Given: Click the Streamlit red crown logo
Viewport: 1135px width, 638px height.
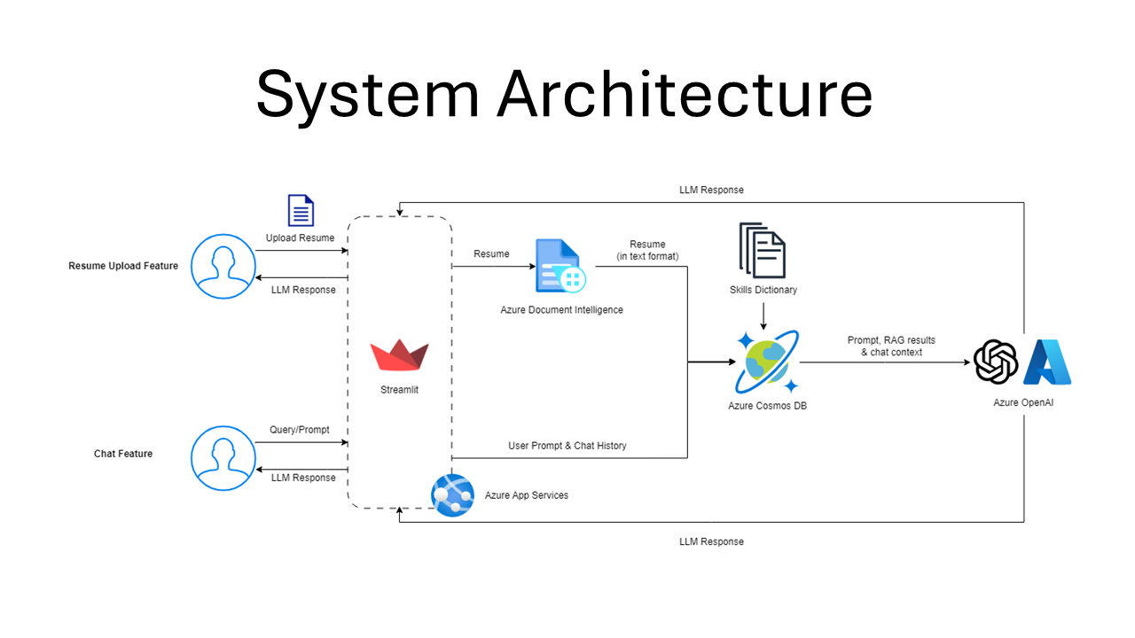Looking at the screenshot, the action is pos(399,355).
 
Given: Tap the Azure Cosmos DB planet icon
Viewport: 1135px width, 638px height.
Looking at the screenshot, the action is pos(767,362).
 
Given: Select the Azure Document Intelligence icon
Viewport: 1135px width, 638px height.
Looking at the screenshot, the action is pos(560,266).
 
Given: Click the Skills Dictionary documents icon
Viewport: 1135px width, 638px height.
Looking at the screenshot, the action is pos(763,250).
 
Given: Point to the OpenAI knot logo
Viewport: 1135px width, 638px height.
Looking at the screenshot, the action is pos(996,362).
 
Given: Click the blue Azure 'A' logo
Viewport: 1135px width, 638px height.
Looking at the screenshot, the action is pos(1047,362).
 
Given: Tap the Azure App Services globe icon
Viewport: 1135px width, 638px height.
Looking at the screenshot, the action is pos(452,495).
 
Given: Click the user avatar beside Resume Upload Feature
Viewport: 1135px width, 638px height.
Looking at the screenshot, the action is pos(223,267).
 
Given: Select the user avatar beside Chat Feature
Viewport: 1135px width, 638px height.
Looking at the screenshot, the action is pos(223,458).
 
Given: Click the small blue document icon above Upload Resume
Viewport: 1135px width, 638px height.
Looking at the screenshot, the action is pos(301,210).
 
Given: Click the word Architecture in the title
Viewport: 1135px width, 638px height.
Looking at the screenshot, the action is pos(685,94).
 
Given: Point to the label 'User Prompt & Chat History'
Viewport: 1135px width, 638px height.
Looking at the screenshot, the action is pos(567,446).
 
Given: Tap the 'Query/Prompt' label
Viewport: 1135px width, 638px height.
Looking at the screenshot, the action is pos(300,430).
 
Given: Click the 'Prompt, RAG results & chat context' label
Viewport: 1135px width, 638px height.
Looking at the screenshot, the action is pos(891,346).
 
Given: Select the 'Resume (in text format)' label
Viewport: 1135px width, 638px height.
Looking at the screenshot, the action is pos(647,250).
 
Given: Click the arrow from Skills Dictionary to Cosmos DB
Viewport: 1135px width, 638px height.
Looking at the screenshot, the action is pos(763,316).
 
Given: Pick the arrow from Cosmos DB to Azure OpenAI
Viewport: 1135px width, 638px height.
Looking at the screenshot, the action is pos(885,362).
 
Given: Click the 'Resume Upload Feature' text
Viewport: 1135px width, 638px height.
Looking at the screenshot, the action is pos(123,266).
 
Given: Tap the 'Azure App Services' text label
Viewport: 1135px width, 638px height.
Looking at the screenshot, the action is pos(527,495).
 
